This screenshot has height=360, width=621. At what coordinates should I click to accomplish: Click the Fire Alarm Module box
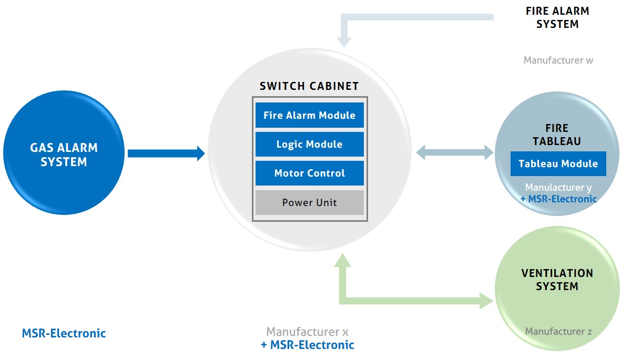(309, 115)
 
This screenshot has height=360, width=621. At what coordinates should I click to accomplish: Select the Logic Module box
(309, 144)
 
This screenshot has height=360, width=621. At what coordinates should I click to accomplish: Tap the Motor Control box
(309, 173)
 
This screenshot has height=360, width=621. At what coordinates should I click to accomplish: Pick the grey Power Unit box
(309, 202)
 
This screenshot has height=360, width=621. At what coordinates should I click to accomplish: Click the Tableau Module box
(558, 163)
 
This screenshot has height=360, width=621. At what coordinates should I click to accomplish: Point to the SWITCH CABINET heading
(309, 86)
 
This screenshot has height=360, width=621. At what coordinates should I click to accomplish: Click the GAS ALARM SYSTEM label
(64, 155)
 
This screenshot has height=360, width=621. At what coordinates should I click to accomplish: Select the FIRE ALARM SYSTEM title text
(557, 17)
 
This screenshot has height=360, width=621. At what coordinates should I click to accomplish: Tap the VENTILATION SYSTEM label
(557, 280)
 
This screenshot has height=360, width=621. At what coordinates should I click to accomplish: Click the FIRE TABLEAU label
(557, 135)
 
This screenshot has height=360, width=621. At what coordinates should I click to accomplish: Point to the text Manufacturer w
(558, 60)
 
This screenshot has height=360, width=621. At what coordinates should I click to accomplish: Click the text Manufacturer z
(558, 331)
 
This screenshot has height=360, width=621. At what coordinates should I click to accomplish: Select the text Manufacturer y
(558, 187)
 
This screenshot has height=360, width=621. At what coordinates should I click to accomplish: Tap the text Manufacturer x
(307, 332)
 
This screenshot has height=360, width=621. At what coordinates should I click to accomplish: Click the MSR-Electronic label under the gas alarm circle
(64, 333)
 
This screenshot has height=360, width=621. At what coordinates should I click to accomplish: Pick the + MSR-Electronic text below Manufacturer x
(307, 345)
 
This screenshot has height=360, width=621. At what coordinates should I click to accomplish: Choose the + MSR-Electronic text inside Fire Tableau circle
(558, 199)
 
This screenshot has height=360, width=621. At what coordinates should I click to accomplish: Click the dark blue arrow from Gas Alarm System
(165, 153)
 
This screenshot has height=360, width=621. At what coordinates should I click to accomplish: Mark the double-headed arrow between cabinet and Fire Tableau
(454, 153)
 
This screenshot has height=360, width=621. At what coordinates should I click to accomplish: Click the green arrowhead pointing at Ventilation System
(487, 301)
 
